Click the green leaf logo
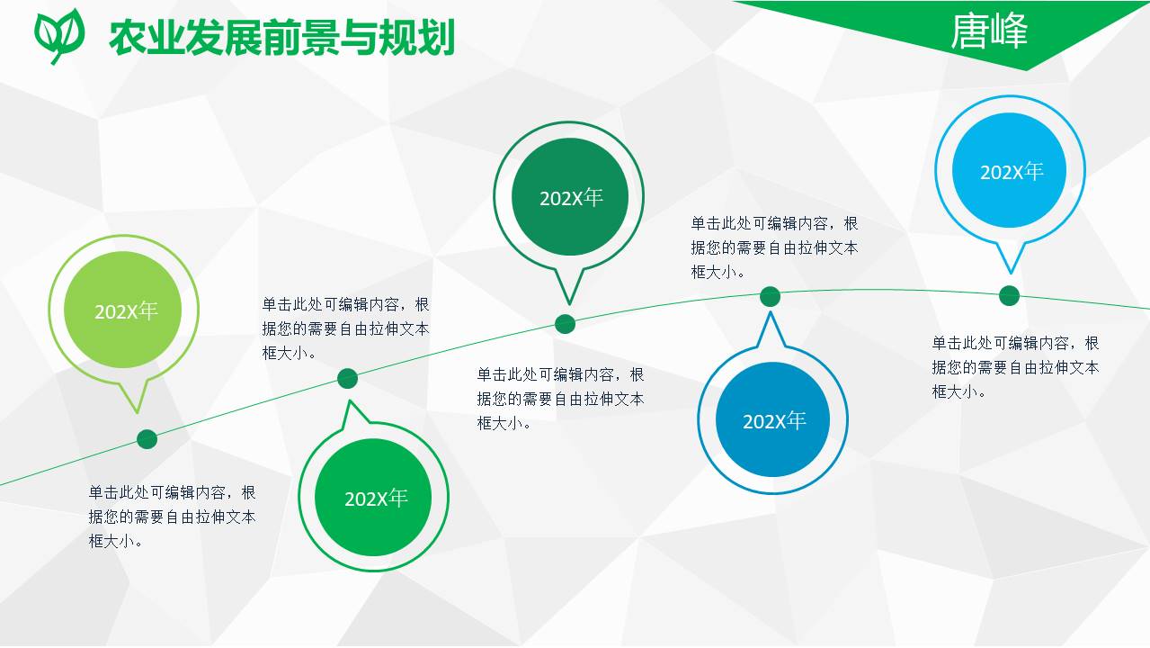59,34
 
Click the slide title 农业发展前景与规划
281,37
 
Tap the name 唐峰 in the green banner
988,32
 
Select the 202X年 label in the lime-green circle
126,311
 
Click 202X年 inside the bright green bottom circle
376,498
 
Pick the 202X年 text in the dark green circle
570,198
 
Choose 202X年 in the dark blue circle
774,420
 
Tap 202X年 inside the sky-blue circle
1012,172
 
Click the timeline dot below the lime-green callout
147,439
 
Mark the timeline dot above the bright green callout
348,379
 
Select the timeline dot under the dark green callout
565,324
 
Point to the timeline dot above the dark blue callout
770,296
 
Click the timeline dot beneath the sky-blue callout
1009,295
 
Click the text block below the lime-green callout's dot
171,517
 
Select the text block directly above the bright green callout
345,328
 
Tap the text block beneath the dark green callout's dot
560,399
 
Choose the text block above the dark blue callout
774,247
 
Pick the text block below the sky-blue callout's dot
1014,367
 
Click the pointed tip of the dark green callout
567,302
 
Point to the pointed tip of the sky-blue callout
1011,272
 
